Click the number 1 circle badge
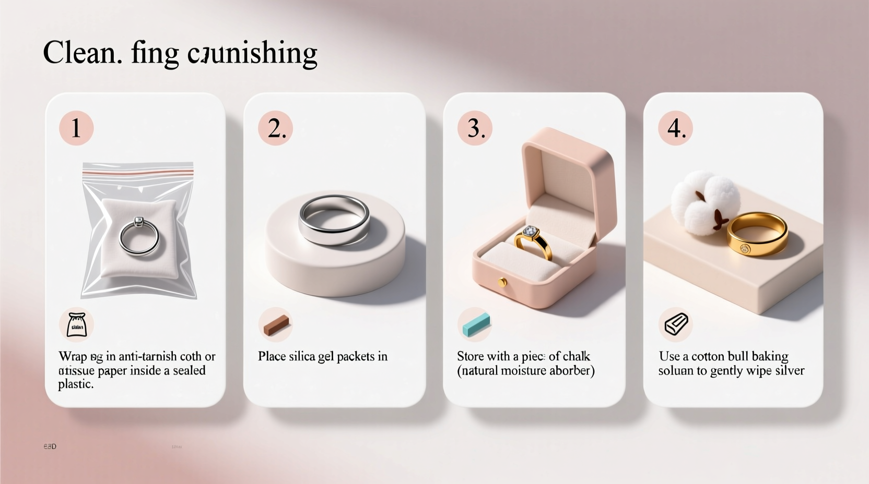point(76,128)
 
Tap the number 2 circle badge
point(276,128)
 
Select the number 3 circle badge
point(475,128)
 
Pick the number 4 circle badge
point(675,128)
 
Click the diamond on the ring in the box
point(530,231)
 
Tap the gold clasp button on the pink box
point(502,283)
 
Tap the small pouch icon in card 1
point(76,324)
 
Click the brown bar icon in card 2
point(276,324)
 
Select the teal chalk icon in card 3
point(475,324)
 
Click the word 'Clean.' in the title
point(83,53)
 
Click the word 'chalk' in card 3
point(577,356)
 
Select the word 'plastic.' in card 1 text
point(76,384)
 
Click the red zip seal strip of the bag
point(138,171)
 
